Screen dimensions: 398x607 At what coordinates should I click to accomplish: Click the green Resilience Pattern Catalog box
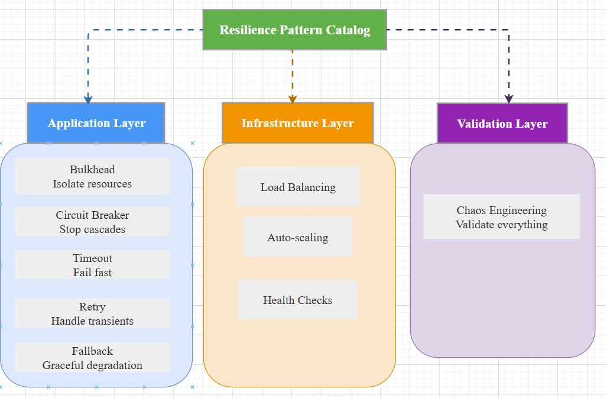294,30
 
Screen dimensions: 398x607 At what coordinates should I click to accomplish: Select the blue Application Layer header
96,123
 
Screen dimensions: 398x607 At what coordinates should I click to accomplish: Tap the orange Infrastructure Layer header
297,123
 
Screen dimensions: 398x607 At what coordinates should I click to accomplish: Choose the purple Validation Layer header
502,124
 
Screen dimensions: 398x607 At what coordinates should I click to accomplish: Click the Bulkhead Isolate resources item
92,176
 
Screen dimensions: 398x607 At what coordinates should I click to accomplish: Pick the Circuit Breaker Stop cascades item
92,222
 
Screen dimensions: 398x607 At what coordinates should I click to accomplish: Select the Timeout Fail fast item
92,265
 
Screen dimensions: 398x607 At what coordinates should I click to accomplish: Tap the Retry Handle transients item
92,313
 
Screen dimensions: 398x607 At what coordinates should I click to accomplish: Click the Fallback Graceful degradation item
92,358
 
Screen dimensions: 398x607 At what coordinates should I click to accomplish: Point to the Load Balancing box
297,187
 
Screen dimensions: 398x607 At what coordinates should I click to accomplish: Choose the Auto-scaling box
297,237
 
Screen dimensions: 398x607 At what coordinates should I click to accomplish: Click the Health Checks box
297,300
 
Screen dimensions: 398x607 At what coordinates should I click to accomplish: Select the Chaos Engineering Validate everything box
501,217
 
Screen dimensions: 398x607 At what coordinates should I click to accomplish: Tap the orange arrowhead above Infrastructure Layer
293,99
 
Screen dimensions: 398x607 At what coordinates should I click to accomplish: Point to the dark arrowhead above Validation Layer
509,99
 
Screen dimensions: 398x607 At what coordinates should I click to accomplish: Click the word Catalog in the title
349,30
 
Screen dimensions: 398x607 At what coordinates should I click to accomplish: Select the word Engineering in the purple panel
518,210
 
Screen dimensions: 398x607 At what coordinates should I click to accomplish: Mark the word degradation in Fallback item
112,365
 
